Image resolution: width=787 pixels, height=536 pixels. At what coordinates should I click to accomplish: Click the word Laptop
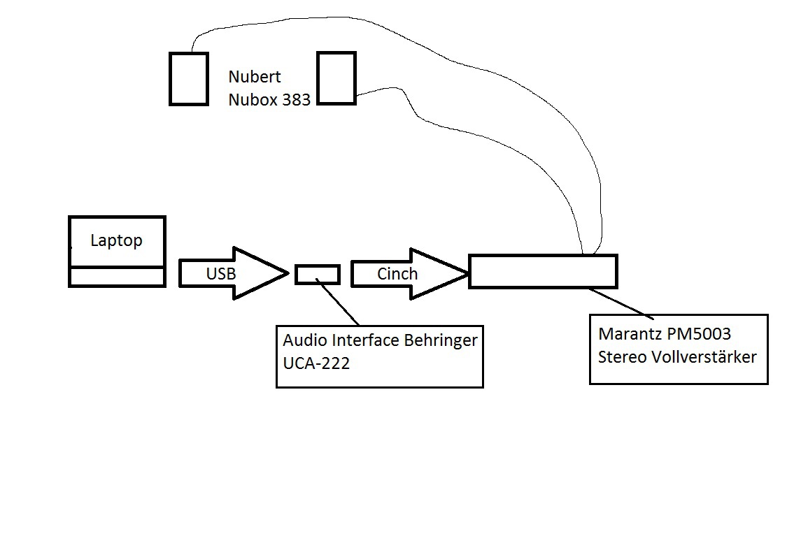tap(116, 241)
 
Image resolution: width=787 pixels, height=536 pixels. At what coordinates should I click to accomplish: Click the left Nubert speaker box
tap(189, 79)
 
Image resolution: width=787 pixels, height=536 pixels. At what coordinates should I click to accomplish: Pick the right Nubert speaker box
tap(336, 78)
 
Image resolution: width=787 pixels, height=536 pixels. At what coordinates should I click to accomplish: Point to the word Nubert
tap(255, 77)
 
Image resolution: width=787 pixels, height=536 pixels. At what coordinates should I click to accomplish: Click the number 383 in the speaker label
tap(297, 100)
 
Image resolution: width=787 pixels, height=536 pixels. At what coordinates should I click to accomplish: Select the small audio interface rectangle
tap(318, 274)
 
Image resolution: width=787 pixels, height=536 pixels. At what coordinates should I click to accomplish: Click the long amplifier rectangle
tap(543, 271)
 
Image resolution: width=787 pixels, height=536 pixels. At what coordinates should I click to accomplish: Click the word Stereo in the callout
tap(621, 356)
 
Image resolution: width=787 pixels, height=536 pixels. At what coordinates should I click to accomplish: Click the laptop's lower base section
tap(117, 277)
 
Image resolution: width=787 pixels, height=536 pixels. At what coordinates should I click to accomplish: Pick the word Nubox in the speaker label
tap(253, 100)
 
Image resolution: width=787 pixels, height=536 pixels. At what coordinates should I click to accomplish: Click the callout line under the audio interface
tap(339, 303)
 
